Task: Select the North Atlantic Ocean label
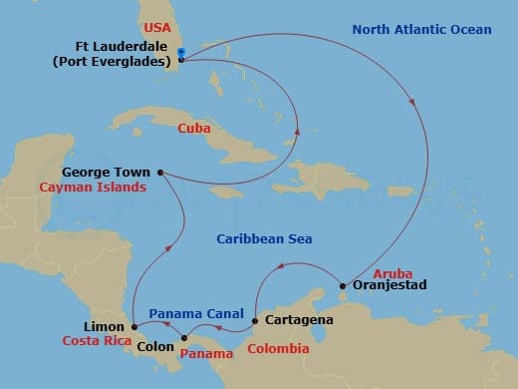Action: click(421, 30)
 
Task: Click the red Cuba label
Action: click(192, 128)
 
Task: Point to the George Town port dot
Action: click(160, 171)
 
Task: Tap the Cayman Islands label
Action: click(93, 187)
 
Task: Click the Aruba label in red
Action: click(391, 273)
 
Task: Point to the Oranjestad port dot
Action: click(344, 285)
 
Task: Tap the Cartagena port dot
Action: click(256, 321)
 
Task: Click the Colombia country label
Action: click(278, 349)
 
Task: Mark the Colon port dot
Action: click(183, 337)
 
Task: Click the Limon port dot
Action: click(133, 326)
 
